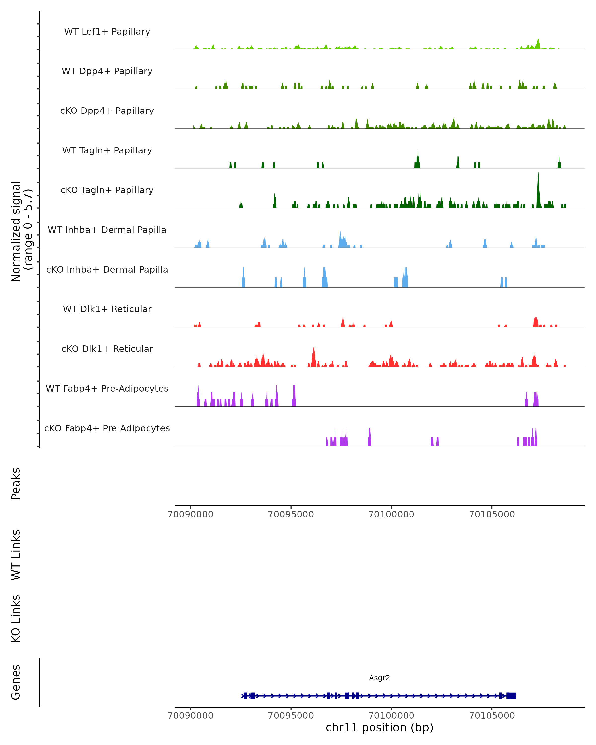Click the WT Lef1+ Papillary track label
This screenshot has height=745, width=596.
pyautogui.click(x=107, y=32)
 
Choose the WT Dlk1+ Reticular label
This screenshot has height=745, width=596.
pyautogui.click(x=107, y=309)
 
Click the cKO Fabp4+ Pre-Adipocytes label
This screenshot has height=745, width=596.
pyautogui.click(x=107, y=428)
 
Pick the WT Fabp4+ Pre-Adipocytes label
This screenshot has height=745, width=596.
pyautogui.click(x=107, y=388)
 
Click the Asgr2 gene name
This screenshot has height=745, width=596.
pyautogui.click(x=379, y=678)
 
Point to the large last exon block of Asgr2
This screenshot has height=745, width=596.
pyautogui.click(x=511, y=696)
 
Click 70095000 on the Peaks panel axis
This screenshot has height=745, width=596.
pyautogui.click(x=291, y=514)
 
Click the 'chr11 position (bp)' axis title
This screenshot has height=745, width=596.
pyautogui.click(x=379, y=727)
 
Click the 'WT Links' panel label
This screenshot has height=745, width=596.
pyautogui.click(x=16, y=555)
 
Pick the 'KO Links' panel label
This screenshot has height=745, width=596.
pyautogui.click(x=16, y=619)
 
